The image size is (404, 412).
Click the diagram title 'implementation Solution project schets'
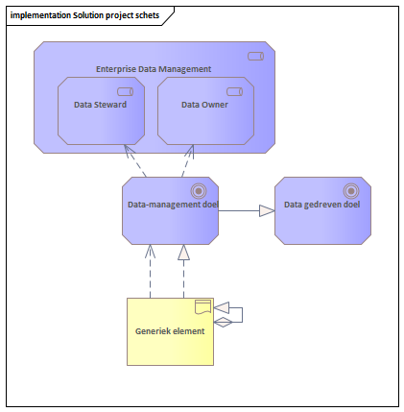tap(84, 15)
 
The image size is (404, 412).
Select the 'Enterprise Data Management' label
tap(154, 69)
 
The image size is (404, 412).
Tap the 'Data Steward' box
tap(101, 110)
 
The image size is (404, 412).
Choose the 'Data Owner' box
tap(205, 110)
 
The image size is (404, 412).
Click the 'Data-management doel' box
tap(170, 210)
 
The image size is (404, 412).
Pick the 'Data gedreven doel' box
tap(322, 210)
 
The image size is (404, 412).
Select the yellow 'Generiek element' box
tap(170, 331)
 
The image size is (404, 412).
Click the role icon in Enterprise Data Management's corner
tap(256, 57)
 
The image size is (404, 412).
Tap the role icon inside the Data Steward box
tap(126, 92)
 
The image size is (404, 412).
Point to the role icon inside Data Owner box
tap(235, 92)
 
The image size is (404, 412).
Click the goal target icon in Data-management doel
tap(199, 191)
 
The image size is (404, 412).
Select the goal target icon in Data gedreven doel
tap(351, 191)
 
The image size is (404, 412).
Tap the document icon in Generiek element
tap(203, 307)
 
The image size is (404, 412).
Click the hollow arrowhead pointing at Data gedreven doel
tap(267, 210)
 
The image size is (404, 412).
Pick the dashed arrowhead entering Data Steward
tap(129, 151)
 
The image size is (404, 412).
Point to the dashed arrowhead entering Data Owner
tap(190, 152)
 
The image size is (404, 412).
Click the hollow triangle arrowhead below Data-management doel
tap(183, 253)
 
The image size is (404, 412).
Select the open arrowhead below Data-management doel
tap(150, 252)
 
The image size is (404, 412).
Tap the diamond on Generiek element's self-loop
tap(223, 322)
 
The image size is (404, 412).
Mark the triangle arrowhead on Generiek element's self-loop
tap(222, 307)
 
